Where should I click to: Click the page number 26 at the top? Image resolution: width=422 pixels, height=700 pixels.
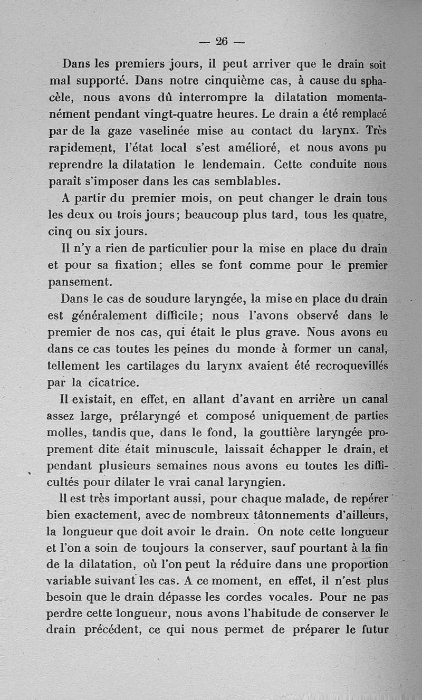click(220, 41)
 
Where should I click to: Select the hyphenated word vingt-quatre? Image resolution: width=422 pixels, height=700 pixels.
click(162, 114)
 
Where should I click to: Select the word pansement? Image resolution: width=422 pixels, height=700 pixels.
click(76, 282)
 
